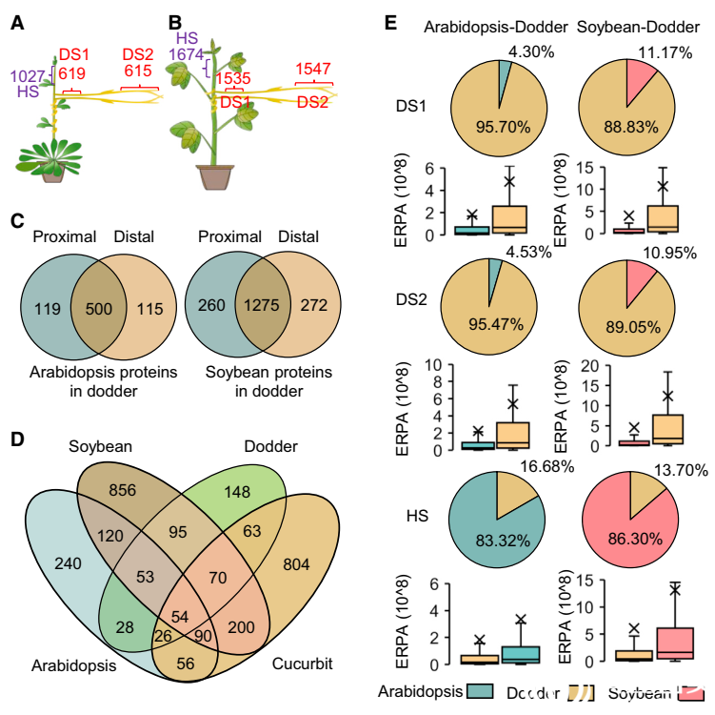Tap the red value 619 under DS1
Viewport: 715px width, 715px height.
point(72,72)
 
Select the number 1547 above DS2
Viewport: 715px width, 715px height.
point(314,69)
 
